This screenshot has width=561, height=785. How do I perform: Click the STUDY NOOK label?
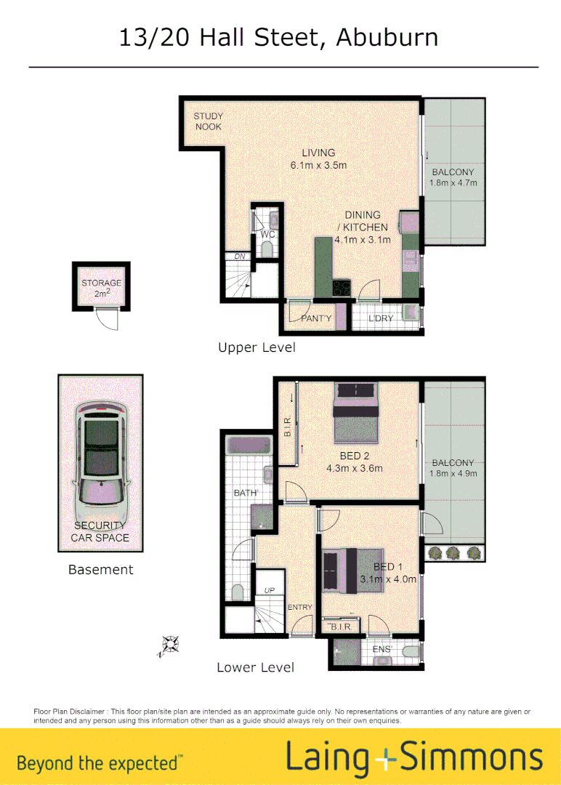pos(208,121)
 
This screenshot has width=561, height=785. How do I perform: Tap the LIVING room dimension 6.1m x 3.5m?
pos(318,165)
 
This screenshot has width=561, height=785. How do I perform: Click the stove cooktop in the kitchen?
pos(341,289)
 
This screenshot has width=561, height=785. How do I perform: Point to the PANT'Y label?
pos(316,318)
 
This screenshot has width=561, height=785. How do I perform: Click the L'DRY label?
pos(380,318)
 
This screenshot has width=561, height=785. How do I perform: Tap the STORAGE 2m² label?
pos(101,288)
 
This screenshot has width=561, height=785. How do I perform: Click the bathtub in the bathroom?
pos(247,446)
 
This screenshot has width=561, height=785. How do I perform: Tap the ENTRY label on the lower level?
pos(299,607)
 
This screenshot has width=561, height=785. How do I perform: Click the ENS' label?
pos(382,648)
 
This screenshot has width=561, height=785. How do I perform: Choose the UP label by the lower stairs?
pos(270,590)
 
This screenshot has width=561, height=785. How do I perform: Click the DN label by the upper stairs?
pos(238,256)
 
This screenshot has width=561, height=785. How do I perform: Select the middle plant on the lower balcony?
pos(453,552)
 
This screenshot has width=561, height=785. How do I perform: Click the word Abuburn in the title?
pos(387,37)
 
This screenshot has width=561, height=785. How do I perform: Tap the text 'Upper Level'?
pos(257,347)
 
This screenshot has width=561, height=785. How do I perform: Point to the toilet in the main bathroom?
pos(238,592)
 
